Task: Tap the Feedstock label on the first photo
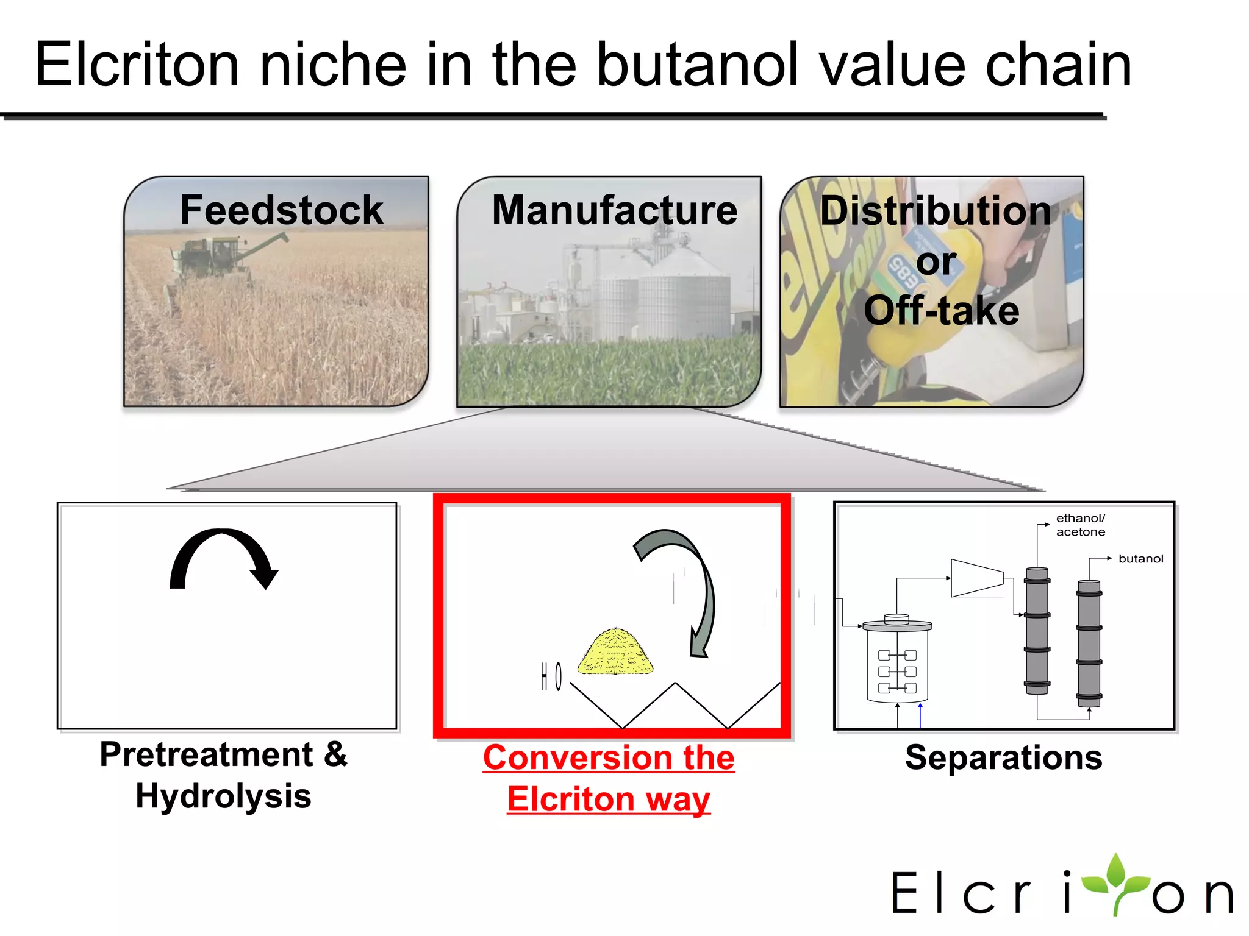click(x=281, y=210)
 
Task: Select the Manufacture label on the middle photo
click(x=614, y=210)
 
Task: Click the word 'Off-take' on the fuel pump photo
click(x=941, y=311)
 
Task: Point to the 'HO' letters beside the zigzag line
click(x=551, y=677)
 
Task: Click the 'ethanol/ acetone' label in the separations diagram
click(x=1080, y=525)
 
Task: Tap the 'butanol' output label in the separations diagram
click(x=1140, y=559)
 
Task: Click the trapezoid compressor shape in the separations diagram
click(x=976, y=578)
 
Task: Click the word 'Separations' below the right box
click(x=1003, y=757)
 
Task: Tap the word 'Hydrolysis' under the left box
click(x=223, y=796)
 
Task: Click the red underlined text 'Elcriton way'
click(x=609, y=799)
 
